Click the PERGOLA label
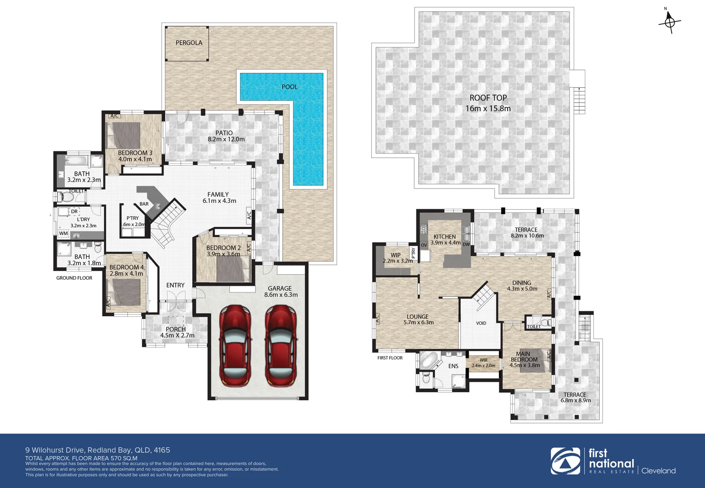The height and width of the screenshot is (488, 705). [x=189, y=42]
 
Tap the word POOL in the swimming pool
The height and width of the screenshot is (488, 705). [x=289, y=87]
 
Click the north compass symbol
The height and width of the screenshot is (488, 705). [x=670, y=22]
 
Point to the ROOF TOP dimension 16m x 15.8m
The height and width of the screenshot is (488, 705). [x=488, y=108]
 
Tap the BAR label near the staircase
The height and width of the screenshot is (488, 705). [x=144, y=204]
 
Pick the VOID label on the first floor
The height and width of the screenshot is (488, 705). [x=481, y=323]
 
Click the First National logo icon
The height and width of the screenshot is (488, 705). [x=565, y=461]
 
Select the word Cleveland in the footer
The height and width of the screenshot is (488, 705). [x=658, y=471]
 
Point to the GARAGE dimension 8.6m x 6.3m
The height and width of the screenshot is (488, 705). [x=280, y=295]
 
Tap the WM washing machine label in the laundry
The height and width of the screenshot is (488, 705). [x=63, y=234]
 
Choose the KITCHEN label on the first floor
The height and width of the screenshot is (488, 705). [x=444, y=237]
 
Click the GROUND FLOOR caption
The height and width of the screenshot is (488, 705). [x=74, y=278]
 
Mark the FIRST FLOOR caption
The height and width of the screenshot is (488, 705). [x=390, y=358]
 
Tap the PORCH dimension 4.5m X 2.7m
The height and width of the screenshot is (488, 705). [x=177, y=336]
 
